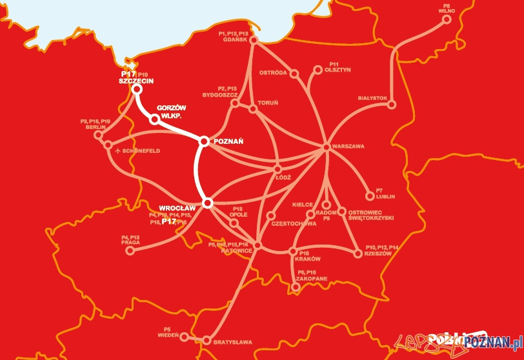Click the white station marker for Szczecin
coord(137,90)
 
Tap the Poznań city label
coord(227,141)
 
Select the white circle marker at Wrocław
coord(208,203)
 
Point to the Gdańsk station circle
coord(254,40)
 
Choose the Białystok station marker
coord(391,105)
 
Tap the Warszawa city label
coord(348,146)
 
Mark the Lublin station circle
coord(370,196)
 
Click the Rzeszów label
coord(378,254)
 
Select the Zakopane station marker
coord(296,287)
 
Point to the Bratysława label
coord(232,341)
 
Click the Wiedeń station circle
coord(184,337)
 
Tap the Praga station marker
coord(129,252)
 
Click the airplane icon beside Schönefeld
coord(117,151)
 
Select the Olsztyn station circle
coord(317,70)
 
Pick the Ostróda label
coord(273,73)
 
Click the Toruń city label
coord(268,103)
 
